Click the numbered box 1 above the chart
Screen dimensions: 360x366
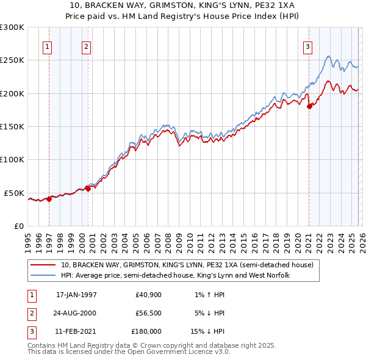click(x=48, y=46)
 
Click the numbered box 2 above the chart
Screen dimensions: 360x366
click(x=87, y=46)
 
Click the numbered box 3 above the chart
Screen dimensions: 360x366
click(x=308, y=46)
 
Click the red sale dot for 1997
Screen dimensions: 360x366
click(x=49, y=199)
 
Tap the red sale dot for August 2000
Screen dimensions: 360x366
click(x=88, y=189)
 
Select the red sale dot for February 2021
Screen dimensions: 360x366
click(x=309, y=106)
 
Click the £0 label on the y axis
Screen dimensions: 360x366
click(x=18, y=226)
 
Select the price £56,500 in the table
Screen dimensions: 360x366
click(x=148, y=313)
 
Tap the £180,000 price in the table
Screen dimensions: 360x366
click(x=146, y=331)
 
